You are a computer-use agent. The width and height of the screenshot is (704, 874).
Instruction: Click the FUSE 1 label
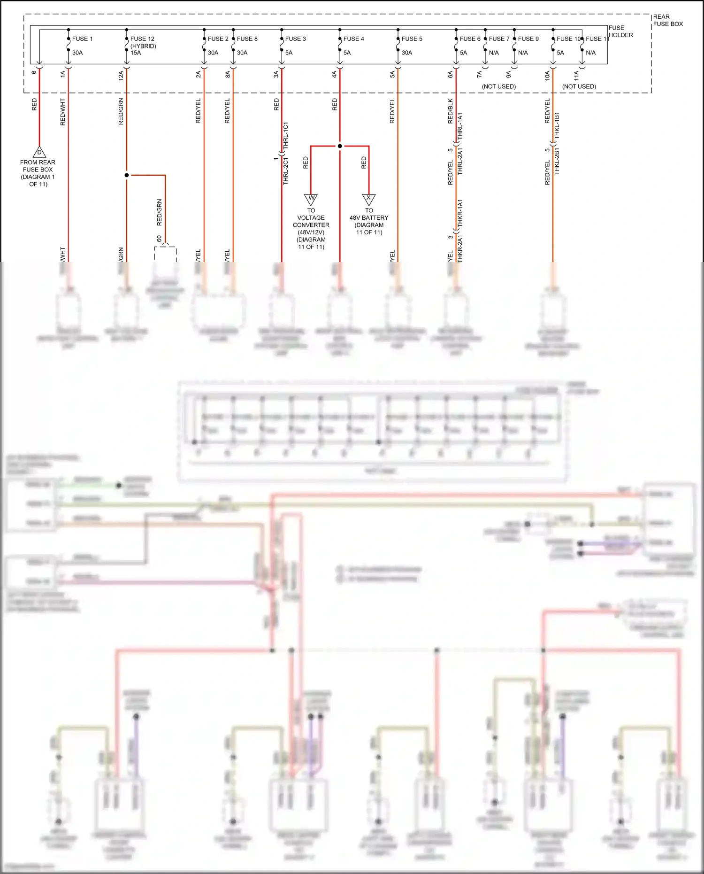click(x=82, y=39)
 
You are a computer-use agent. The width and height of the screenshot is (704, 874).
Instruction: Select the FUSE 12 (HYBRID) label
click(x=143, y=42)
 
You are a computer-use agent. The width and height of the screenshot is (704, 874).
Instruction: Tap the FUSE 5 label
click(x=412, y=39)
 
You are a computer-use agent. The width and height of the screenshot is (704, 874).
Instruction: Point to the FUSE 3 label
click(x=295, y=39)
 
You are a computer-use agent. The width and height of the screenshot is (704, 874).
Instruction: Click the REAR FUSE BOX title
click(x=667, y=20)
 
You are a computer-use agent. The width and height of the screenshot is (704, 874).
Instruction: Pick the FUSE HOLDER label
click(x=620, y=31)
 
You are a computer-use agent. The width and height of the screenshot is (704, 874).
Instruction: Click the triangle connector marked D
click(x=39, y=152)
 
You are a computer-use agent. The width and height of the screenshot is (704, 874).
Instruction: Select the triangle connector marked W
click(x=311, y=199)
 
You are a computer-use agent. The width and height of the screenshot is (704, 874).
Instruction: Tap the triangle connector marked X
click(x=369, y=199)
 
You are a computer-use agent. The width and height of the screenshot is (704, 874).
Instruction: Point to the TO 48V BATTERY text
click(x=369, y=221)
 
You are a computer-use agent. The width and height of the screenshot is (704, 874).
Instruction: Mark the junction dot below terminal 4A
click(x=340, y=146)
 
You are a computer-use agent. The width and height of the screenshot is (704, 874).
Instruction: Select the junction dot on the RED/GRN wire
click(x=127, y=175)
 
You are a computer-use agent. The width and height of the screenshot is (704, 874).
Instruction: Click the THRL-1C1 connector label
click(x=285, y=136)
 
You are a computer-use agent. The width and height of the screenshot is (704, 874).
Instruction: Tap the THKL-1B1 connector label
click(x=557, y=125)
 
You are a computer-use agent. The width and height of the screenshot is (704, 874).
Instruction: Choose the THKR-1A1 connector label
click(x=460, y=213)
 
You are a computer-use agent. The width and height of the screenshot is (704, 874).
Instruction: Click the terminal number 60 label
click(x=159, y=239)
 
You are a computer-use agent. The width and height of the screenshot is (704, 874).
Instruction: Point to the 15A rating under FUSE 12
click(x=136, y=53)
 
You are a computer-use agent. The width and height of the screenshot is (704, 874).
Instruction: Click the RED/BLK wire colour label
click(x=451, y=111)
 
